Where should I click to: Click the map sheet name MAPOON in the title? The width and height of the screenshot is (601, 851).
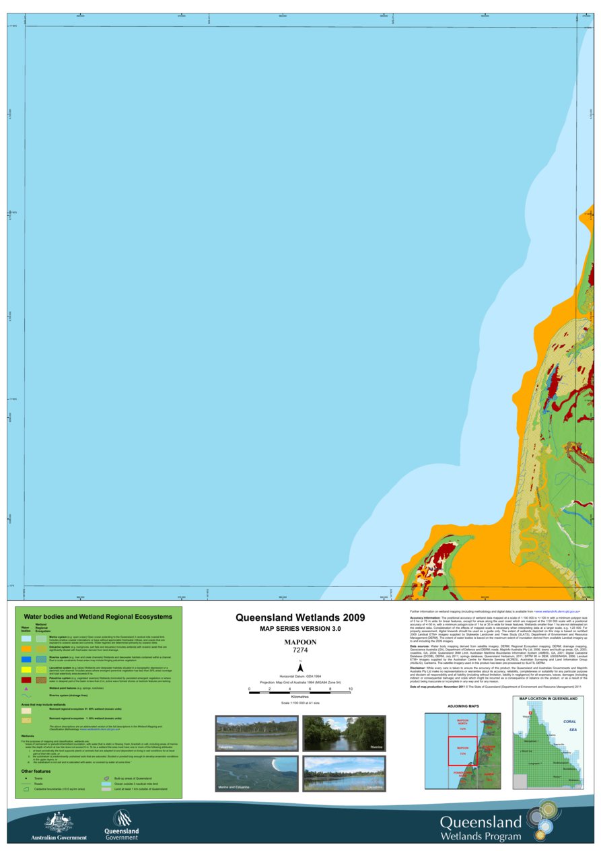tap(300, 642)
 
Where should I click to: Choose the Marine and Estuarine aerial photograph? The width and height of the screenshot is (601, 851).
tap(256, 774)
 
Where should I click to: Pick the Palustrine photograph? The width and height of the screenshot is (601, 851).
tap(256, 733)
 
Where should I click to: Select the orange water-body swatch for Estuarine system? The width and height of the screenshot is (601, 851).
tap(26, 648)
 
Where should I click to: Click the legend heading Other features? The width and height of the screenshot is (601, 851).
tap(36, 772)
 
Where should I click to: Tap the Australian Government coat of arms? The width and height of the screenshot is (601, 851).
tap(59, 822)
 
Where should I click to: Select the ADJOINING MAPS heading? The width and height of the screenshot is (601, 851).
tap(464, 706)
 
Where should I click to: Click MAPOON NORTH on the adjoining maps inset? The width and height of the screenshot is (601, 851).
tap(462, 726)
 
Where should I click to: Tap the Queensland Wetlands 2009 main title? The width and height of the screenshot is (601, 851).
tap(300, 617)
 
